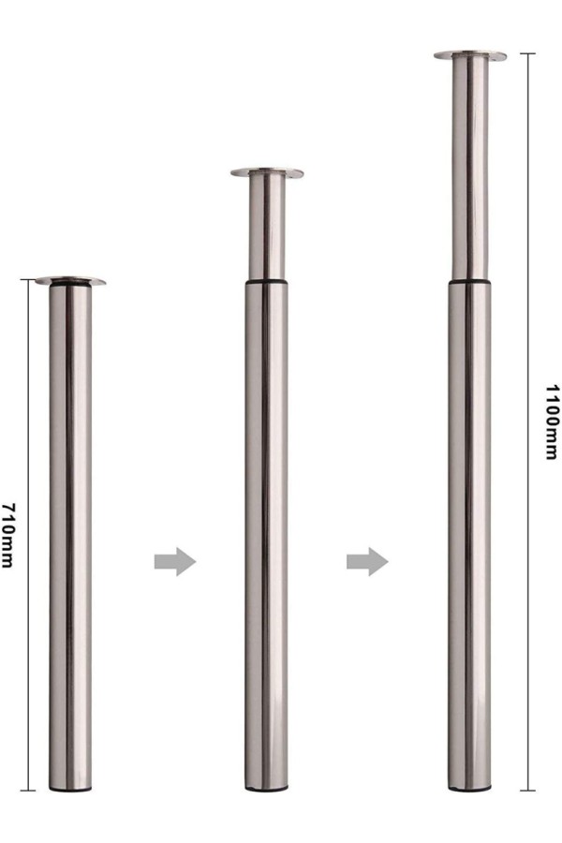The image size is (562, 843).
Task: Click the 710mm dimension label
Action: tap(8, 535)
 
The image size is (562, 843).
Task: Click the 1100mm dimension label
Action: tap(552, 422)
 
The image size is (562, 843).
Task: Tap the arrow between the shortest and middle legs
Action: tap(175, 562)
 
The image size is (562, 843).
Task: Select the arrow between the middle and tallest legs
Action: tap(367, 562)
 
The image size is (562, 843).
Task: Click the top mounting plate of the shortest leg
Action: tap(70, 281)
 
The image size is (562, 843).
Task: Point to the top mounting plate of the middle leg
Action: tap(267, 172)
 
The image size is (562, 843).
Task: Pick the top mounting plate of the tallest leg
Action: tap(470, 55)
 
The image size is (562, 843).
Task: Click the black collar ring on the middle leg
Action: tap(267, 281)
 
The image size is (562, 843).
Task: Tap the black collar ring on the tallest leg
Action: tap(470, 280)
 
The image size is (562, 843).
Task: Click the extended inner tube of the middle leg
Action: tap(267, 228)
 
